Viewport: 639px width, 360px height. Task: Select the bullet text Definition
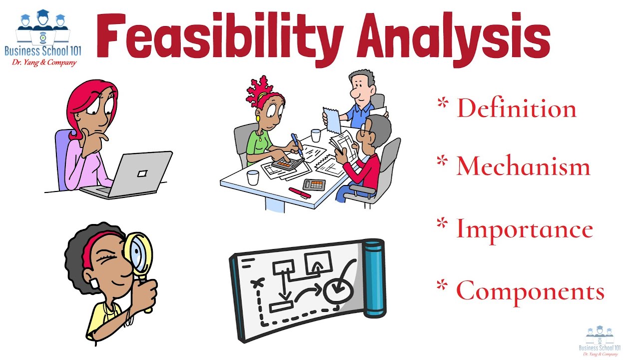coord(516,108)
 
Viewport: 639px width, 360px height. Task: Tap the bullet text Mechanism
coord(523,166)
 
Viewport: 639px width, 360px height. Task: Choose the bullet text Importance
coord(524,229)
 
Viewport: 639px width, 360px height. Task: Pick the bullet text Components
coord(530,290)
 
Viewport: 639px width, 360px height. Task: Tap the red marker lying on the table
coord(300,192)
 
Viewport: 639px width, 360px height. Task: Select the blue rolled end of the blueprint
coord(374,278)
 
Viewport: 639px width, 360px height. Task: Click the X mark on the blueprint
coord(258,284)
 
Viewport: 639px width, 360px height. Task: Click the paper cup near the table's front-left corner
coord(253,177)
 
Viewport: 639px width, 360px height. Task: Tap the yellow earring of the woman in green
coord(259,119)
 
